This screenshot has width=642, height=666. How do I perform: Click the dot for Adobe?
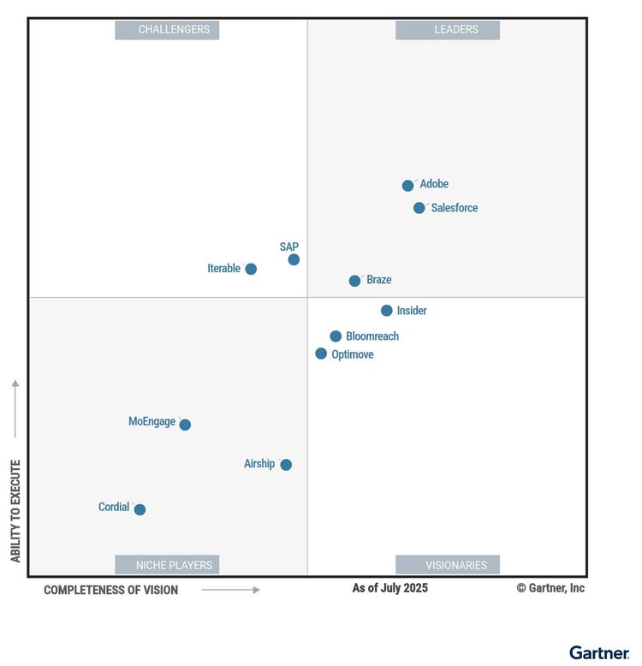click(x=408, y=186)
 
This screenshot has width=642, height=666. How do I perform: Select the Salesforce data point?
click(x=419, y=208)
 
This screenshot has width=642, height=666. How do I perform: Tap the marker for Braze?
click(x=355, y=281)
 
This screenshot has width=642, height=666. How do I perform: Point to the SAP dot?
click(x=294, y=259)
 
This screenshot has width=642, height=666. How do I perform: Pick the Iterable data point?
click(x=251, y=269)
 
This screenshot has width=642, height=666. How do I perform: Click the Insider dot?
click(x=387, y=311)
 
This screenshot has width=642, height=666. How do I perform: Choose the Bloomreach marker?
click(x=336, y=336)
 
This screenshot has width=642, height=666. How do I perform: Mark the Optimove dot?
click(x=321, y=354)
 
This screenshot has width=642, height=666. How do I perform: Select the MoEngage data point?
click(x=185, y=425)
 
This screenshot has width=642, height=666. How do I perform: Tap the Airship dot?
click(x=286, y=465)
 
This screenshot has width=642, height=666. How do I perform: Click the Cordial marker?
click(x=140, y=509)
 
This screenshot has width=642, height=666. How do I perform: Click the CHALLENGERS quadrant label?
click(x=168, y=30)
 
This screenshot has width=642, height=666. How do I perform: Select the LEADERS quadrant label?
click(x=448, y=30)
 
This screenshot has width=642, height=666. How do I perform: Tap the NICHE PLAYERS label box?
click(x=168, y=565)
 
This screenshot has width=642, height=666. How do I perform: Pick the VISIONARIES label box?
click(x=448, y=565)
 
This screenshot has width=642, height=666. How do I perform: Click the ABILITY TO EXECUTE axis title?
click(x=15, y=511)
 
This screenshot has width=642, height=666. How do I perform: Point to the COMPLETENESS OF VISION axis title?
click(x=111, y=590)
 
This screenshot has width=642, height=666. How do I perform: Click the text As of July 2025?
click(x=390, y=588)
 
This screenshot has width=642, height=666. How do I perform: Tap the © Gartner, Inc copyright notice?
click(x=550, y=588)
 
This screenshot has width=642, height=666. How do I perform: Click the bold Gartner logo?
click(x=599, y=652)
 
